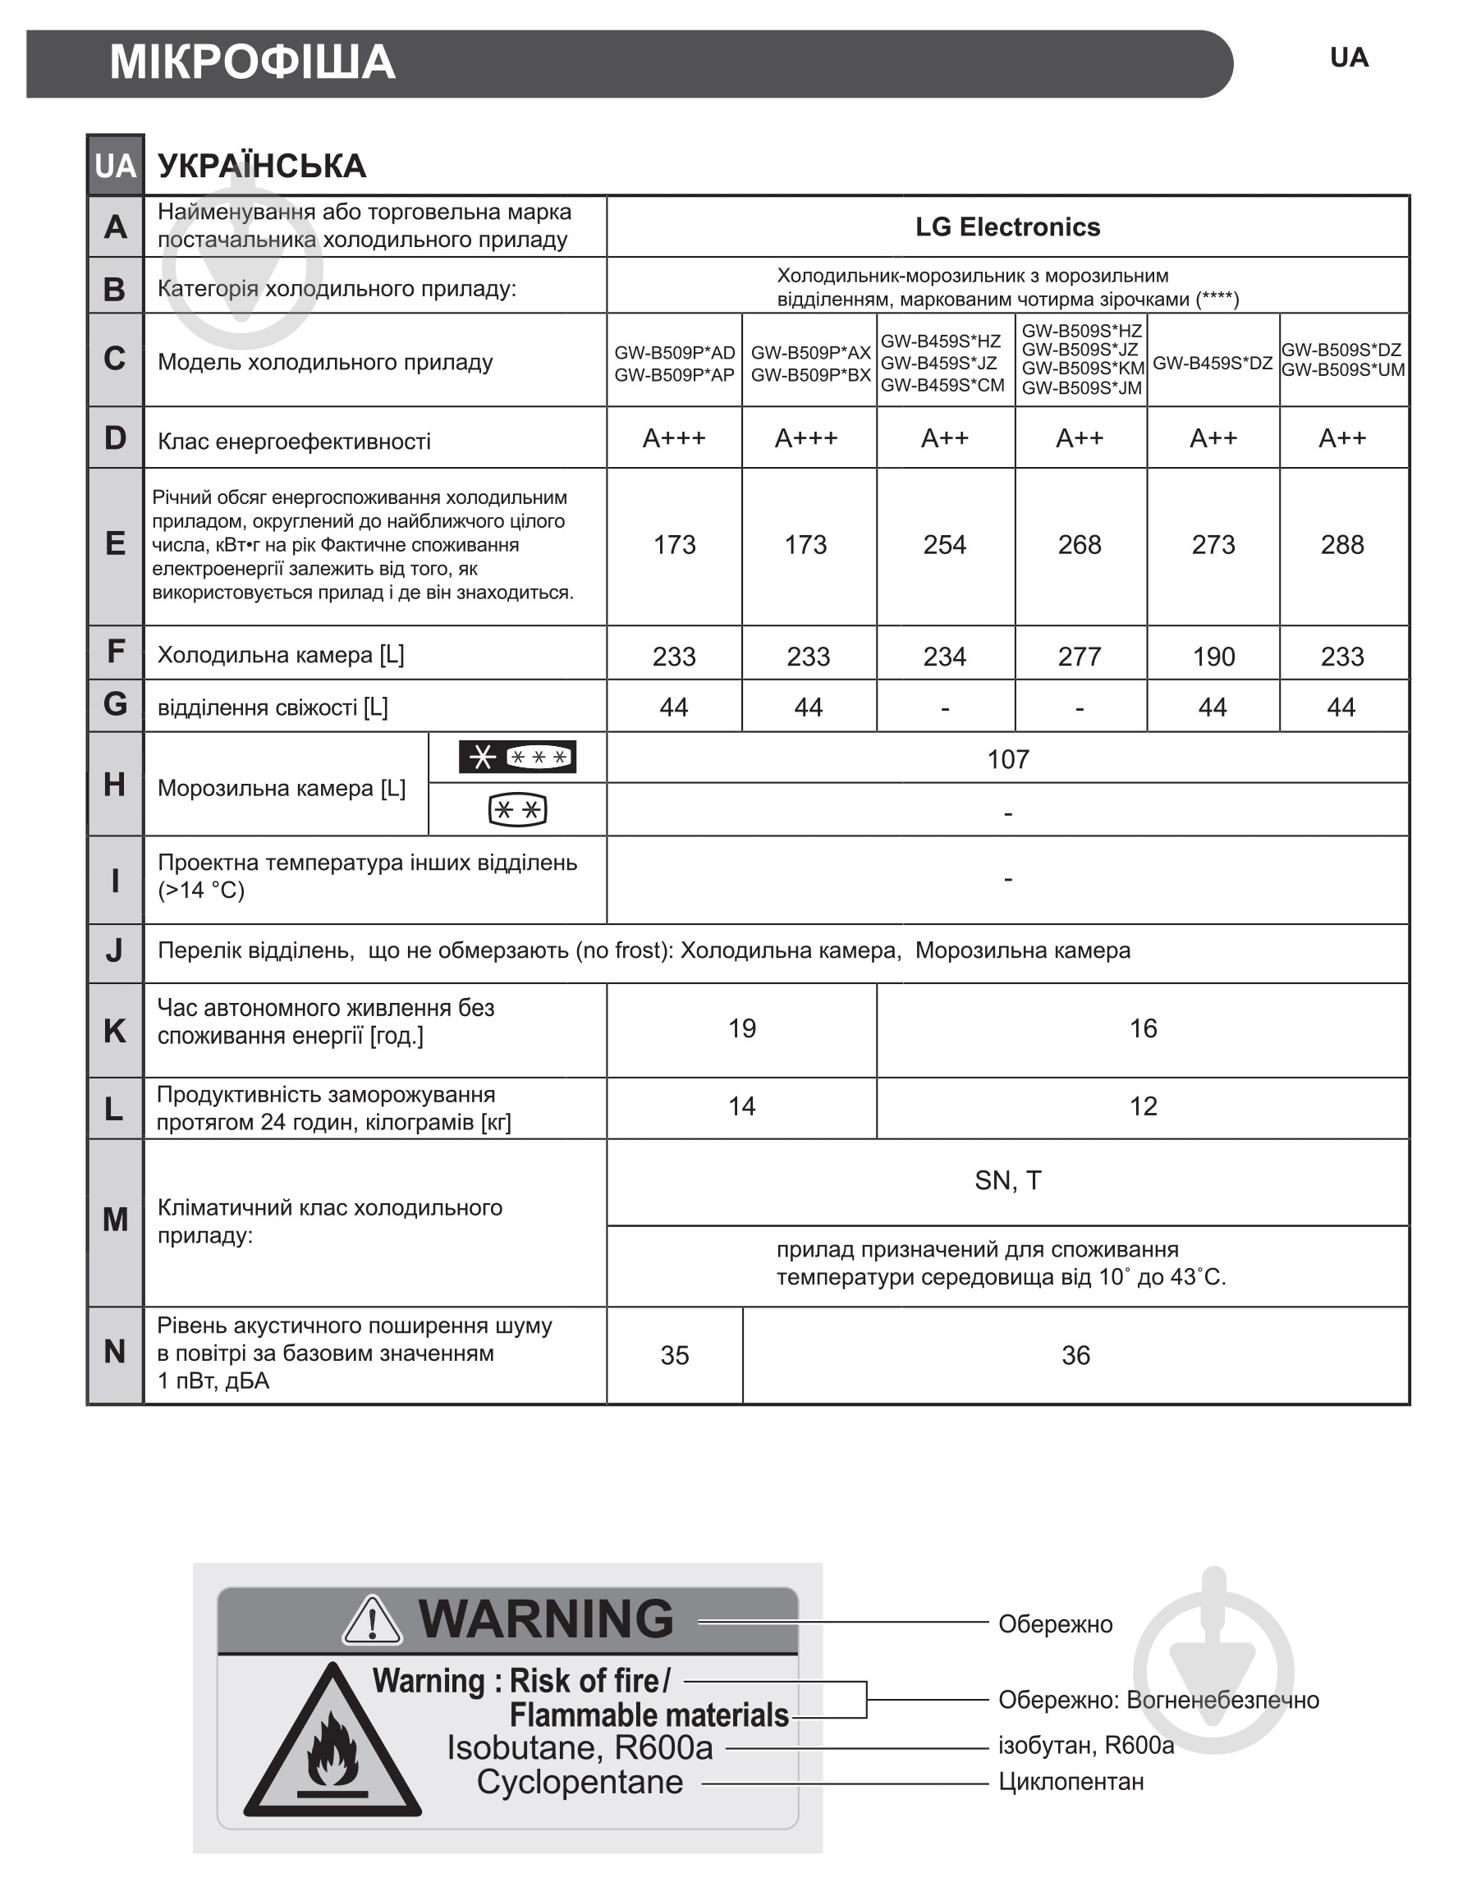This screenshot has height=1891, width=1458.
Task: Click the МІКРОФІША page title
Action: point(252,63)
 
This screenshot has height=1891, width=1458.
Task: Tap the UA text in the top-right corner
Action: point(1348,58)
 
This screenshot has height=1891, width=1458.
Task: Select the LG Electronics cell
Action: point(1007,227)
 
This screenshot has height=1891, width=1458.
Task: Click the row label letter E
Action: point(115,545)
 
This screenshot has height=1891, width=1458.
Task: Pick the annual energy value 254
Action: point(944,545)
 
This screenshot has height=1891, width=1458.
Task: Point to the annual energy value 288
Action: point(1341,545)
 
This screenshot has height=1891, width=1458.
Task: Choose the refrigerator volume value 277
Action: point(1079,657)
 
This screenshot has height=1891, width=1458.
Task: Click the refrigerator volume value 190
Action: point(1213,657)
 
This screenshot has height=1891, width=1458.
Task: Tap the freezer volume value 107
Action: point(1008,759)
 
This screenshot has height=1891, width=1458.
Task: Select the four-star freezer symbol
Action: point(517,758)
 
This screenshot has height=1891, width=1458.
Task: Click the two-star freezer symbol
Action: point(517,810)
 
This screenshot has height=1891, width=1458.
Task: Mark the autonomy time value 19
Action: point(741,1028)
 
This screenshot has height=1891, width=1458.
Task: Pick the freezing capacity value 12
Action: point(1142,1106)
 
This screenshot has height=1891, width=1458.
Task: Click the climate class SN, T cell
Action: point(1008,1181)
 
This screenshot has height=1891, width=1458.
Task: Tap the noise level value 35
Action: point(675,1356)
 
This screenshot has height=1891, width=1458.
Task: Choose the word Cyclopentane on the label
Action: point(580,1782)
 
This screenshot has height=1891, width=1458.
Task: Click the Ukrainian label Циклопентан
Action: point(1071,1782)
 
